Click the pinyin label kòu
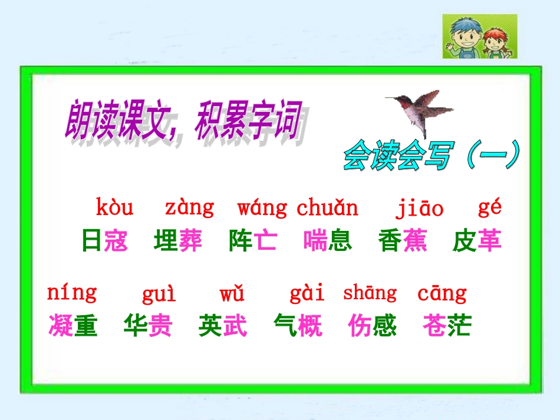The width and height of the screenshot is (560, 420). click(114, 208)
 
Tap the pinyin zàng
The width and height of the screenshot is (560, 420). click(189, 208)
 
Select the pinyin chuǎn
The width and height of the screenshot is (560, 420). click(327, 208)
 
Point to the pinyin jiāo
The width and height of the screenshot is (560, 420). click(419, 209)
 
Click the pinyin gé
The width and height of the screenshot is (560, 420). click(489, 208)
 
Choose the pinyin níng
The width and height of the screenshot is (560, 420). click(71, 293)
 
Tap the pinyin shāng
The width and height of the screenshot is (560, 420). click(370, 293)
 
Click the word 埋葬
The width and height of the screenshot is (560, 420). click(178, 241)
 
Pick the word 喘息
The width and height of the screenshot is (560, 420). click(328, 241)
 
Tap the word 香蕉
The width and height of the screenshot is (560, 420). click(403, 241)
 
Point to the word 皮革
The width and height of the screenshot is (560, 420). click(477, 241)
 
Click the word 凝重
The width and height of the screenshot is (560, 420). click(73, 326)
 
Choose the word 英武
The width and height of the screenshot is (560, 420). click(223, 326)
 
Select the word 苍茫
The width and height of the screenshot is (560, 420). click(447, 326)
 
